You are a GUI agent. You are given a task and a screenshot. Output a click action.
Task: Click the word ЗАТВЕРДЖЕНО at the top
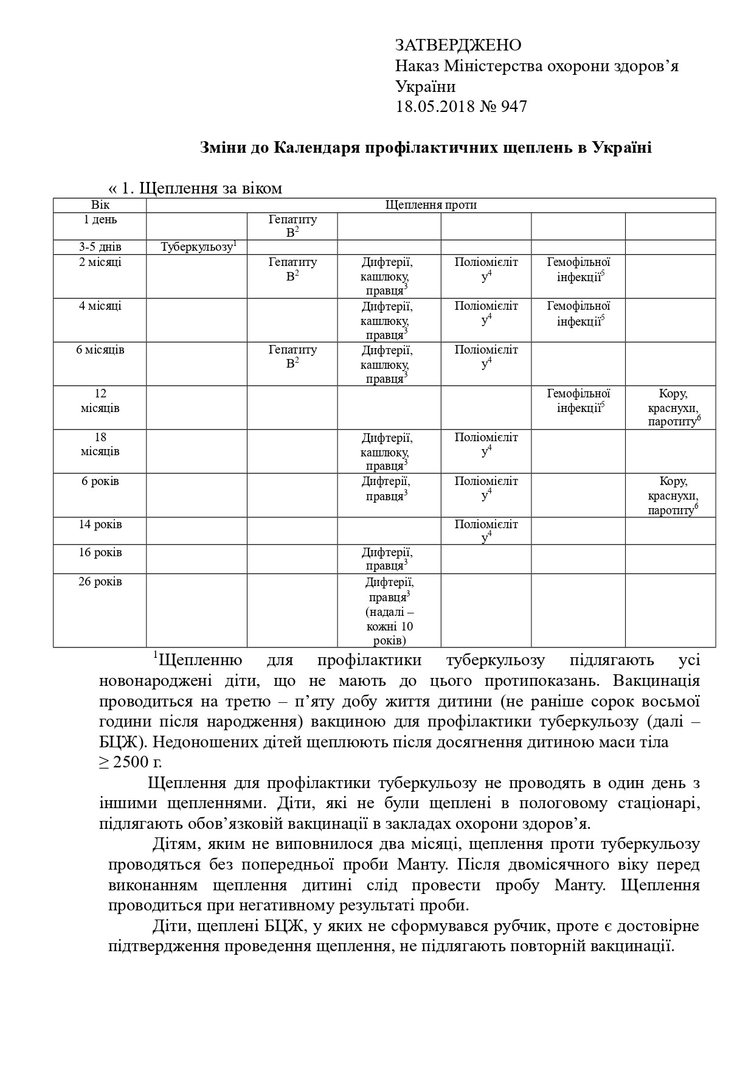458,46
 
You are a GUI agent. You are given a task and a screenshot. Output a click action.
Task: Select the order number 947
514,107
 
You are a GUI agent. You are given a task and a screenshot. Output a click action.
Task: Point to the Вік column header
100,205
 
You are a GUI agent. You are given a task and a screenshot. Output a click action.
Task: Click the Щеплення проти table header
431,205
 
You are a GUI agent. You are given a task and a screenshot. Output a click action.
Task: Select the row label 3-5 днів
100,247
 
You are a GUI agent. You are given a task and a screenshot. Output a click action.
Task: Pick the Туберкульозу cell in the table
197,247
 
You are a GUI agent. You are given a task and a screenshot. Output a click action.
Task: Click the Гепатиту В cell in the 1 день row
292,226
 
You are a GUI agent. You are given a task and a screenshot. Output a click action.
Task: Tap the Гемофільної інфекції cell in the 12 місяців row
578,401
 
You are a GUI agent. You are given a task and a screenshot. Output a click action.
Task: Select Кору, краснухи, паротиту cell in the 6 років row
671,495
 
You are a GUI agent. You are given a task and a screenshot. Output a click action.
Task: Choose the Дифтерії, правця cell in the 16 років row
387,559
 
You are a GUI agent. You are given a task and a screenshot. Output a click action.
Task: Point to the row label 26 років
100,582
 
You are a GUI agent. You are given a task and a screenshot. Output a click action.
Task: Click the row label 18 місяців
100,444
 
